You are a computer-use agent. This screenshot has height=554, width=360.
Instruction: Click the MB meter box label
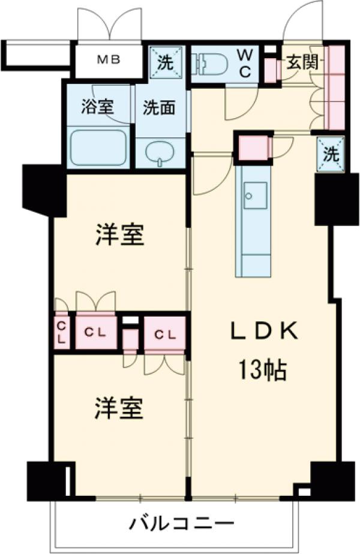110,59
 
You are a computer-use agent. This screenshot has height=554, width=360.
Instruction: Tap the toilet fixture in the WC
207,63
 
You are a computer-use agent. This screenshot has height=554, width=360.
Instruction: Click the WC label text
247,62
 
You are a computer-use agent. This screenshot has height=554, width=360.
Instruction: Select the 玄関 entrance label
302,62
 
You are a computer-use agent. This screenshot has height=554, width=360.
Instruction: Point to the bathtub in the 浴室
98,147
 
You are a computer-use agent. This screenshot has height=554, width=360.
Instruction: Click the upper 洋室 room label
120,236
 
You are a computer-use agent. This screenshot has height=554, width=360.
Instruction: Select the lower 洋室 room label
119,409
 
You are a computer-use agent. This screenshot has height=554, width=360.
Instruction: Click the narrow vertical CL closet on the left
62,332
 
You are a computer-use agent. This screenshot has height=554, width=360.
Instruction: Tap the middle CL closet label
96,331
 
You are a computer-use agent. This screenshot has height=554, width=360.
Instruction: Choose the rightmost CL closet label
164,334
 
